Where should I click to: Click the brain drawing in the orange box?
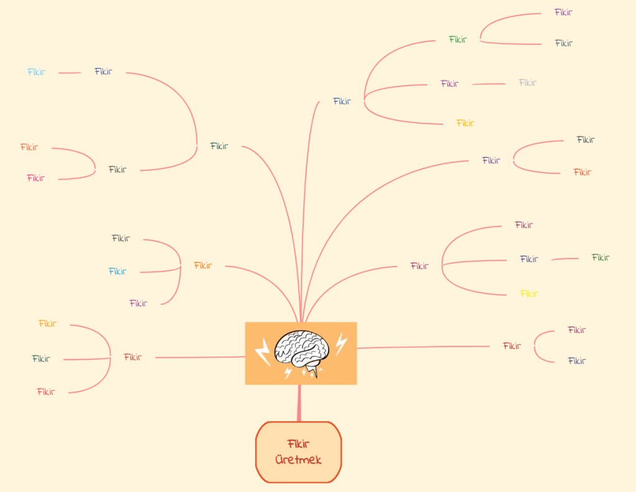tap(301, 351)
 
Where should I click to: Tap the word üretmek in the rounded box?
tap(299, 460)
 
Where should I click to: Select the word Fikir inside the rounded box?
tap(299, 444)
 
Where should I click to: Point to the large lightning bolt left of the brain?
tap(263, 352)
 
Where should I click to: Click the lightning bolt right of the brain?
tap(341, 344)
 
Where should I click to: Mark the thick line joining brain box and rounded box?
tap(299, 403)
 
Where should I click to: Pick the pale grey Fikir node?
tap(527, 83)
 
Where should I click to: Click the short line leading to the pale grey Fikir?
tap(489, 84)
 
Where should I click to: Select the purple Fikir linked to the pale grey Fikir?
tap(450, 84)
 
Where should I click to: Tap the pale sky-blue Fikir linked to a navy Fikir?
tap(36, 72)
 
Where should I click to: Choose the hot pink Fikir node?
tap(35, 178)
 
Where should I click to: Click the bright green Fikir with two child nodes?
tap(458, 39)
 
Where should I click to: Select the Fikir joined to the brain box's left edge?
tap(133, 357)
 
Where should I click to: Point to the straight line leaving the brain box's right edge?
tap(423, 347)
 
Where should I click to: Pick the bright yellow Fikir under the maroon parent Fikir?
tap(529, 294)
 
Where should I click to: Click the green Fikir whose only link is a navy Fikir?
tap(601, 258)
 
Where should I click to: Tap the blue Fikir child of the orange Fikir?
tap(117, 271)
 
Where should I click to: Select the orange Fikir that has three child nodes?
tap(202, 265)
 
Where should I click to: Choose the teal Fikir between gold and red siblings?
tap(41, 358)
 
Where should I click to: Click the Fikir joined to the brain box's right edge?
tap(512, 346)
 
